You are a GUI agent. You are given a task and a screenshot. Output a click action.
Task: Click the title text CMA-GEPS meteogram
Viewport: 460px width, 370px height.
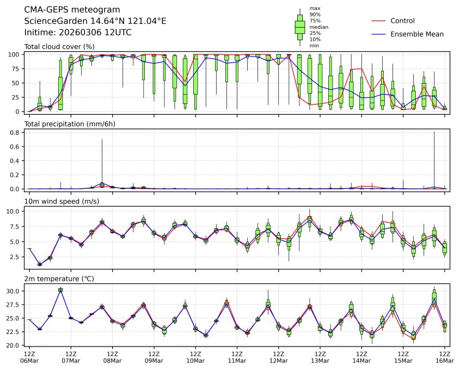click(x=69, y=10)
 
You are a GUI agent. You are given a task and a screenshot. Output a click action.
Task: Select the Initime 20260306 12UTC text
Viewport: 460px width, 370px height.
click(x=78, y=32)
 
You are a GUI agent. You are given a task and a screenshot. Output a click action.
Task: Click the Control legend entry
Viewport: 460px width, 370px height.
click(x=402, y=21)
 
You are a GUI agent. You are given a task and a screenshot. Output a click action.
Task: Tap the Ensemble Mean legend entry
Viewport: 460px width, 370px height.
click(x=417, y=34)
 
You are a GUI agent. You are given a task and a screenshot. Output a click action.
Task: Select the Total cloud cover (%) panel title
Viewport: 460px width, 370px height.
click(x=59, y=47)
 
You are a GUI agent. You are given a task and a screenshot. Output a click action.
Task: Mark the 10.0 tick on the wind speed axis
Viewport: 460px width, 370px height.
click(x=14, y=211)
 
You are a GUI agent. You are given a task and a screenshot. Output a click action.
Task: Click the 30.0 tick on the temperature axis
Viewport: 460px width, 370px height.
click(x=14, y=291)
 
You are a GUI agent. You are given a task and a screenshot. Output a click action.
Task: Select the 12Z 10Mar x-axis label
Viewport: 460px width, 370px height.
click(x=195, y=357)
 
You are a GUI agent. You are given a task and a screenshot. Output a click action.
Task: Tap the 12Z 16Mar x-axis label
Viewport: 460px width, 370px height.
click(x=445, y=357)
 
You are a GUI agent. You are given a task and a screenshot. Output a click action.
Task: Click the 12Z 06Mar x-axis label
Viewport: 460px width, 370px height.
click(x=29, y=357)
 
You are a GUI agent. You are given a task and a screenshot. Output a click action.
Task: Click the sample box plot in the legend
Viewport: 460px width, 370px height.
click(x=299, y=27)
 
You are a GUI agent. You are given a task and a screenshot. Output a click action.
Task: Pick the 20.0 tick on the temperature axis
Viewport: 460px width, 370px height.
click(x=14, y=345)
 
